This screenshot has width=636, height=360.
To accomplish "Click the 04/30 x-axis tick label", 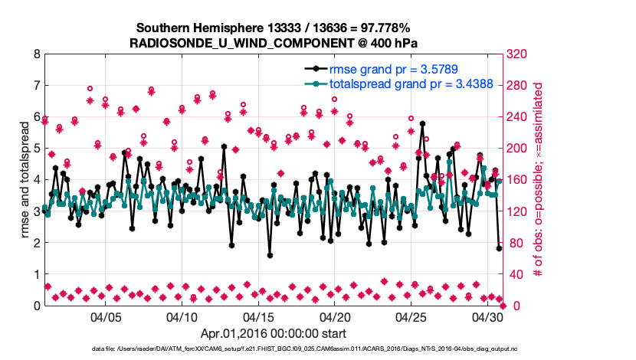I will click(x=487, y=316).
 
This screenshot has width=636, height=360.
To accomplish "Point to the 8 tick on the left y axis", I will click(x=36, y=54).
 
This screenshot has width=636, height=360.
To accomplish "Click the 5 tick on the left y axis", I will click(x=36, y=149).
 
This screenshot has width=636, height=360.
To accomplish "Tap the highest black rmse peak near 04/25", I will click(x=422, y=123).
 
